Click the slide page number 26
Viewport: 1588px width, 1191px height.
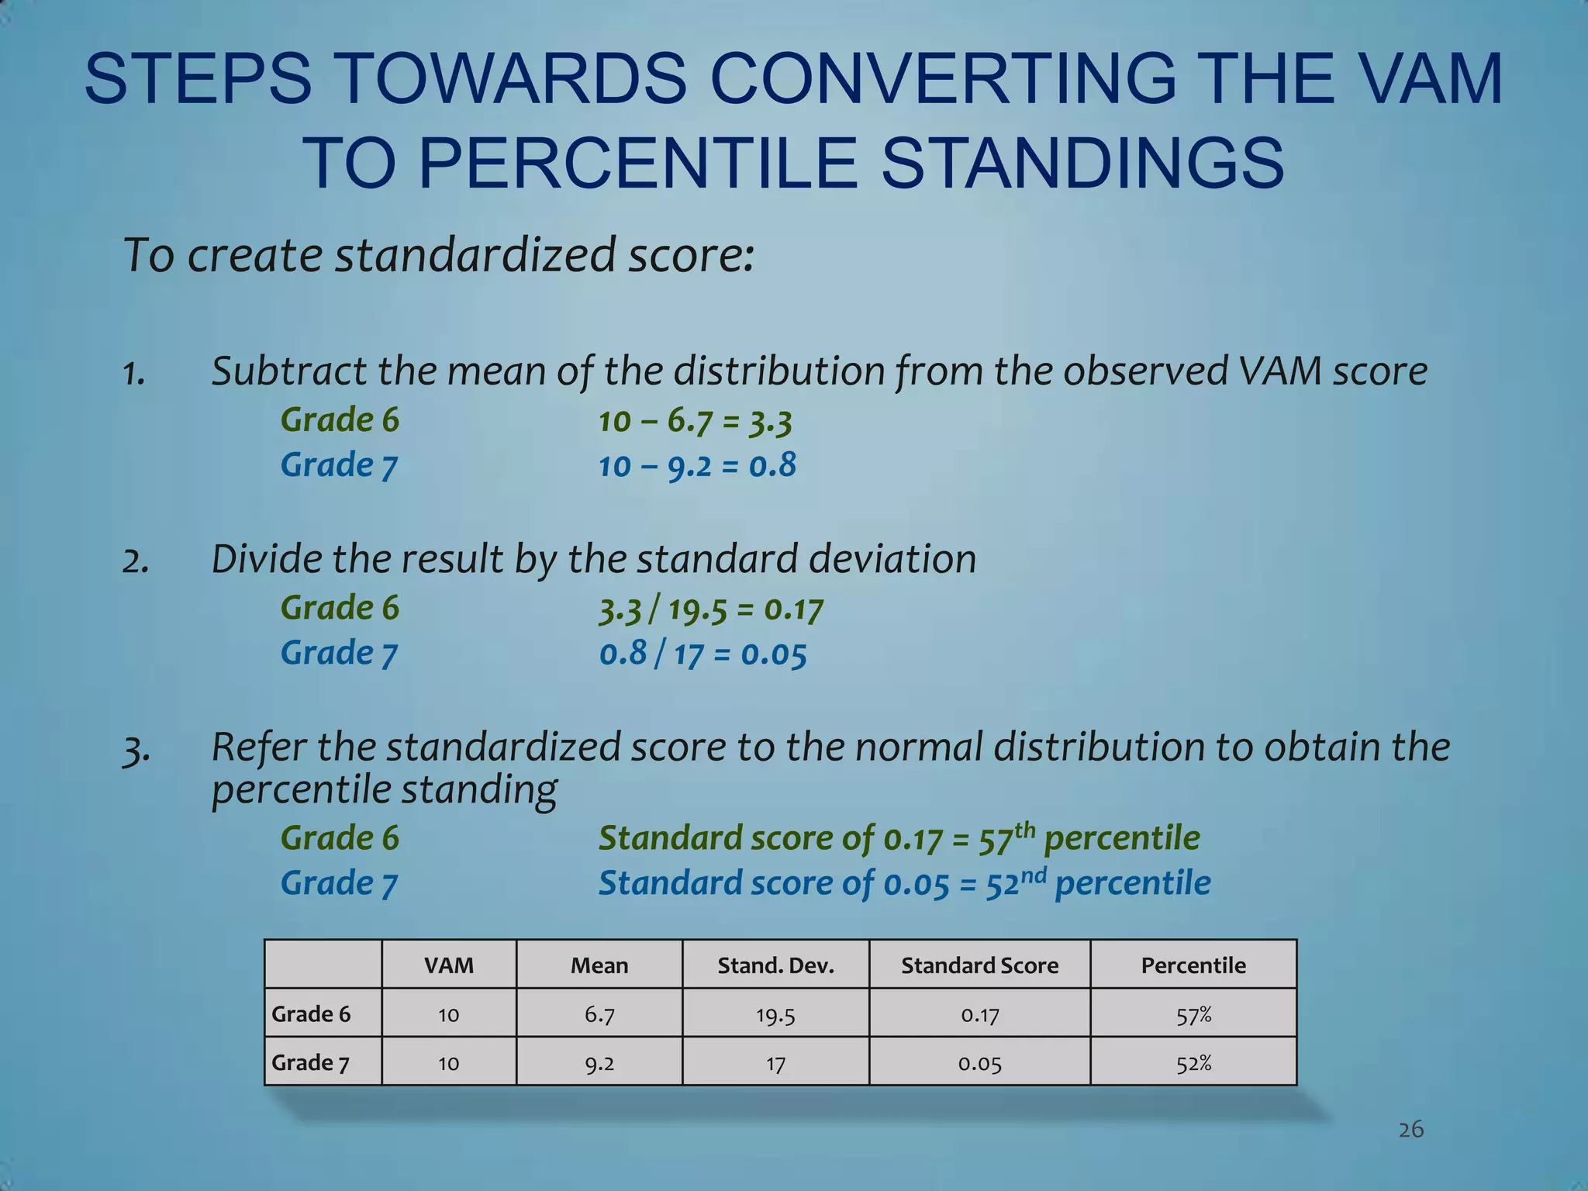(x=1411, y=1129)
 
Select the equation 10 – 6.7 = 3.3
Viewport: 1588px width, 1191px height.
(x=695, y=421)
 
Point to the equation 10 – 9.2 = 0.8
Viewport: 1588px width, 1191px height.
(x=697, y=466)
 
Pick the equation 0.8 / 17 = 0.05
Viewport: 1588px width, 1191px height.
(x=703, y=654)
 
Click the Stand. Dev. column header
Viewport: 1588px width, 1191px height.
(x=775, y=965)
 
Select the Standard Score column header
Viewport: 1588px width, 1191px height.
(x=979, y=965)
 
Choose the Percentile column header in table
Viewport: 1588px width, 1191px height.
(x=1193, y=965)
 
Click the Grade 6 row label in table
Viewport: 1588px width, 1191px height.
(x=311, y=1014)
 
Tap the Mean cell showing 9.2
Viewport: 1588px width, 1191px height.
(x=599, y=1063)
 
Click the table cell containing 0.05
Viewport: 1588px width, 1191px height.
(x=979, y=1063)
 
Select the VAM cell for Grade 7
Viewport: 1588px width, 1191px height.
(x=448, y=1063)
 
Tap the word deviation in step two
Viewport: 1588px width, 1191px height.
(x=892, y=560)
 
